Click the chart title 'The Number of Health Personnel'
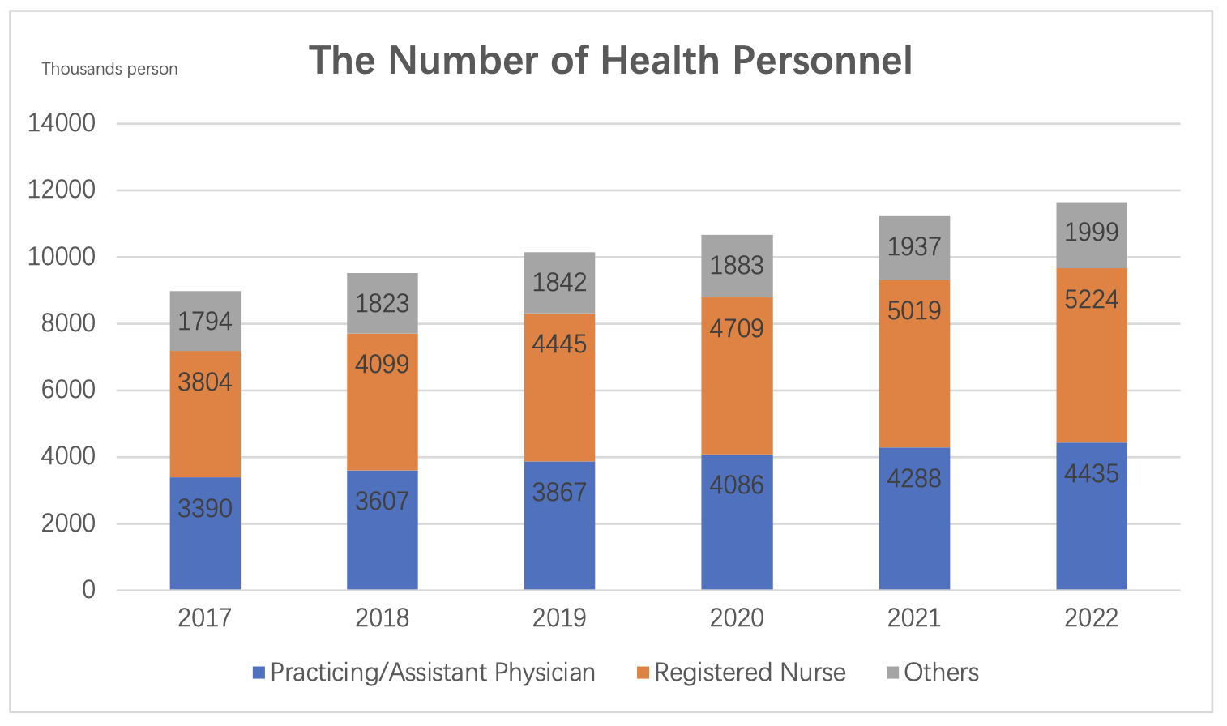pos(610,61)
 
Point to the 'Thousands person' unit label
pos(109,69)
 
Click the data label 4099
pos(382,363)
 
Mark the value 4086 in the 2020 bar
pos(737,485)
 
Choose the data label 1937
pos(914,246)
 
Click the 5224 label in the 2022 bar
pos(1091,300)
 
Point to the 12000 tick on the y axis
pos(62,190)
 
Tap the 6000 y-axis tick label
pos(62,390)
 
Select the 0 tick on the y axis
pos(88,590)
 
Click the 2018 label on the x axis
pos(382,618)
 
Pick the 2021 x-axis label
pos(914,618)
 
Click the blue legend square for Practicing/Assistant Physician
pos(259,673)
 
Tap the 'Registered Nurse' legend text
pos(750,673)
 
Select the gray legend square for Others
pos(892,673)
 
